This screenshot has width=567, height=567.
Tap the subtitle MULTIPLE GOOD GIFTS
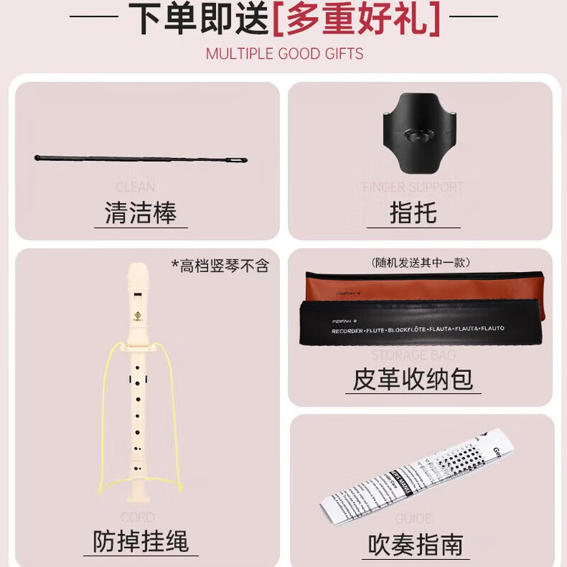coord(284,54)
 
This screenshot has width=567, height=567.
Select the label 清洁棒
coord(140,212)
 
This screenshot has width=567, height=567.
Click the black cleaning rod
coord(141,161)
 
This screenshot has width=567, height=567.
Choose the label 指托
coord(412,212)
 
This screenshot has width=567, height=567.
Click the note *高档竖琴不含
coord(220,266)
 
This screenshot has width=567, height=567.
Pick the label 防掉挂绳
coord(140,541)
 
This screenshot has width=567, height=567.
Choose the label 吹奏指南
coord(415,544)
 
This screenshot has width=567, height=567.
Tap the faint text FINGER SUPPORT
coord(412,187)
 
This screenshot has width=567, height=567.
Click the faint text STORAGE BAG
coord(413,354)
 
